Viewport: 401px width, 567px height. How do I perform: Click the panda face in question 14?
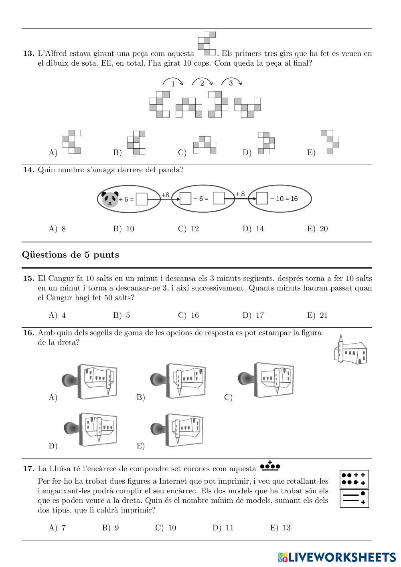[109, 199]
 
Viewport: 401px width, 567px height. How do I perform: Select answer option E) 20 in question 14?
[318, 229]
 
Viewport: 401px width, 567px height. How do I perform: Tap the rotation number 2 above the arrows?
[202, 83]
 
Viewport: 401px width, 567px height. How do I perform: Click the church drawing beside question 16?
[350, 350]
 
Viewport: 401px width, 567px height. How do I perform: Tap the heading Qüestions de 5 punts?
[71, 255]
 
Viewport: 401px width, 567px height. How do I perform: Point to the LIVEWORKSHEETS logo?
[336, 557]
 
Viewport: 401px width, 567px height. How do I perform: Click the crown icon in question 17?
[270, 466]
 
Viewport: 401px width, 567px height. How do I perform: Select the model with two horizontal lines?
[354, 498]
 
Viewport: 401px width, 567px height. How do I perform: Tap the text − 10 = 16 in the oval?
[284, 199]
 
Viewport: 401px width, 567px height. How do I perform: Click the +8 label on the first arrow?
[165, 195]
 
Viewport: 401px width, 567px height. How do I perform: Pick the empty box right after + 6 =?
[142, 199]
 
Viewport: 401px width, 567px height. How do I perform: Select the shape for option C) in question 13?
[205, 145]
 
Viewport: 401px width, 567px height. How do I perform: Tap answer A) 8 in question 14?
[57, 229]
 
